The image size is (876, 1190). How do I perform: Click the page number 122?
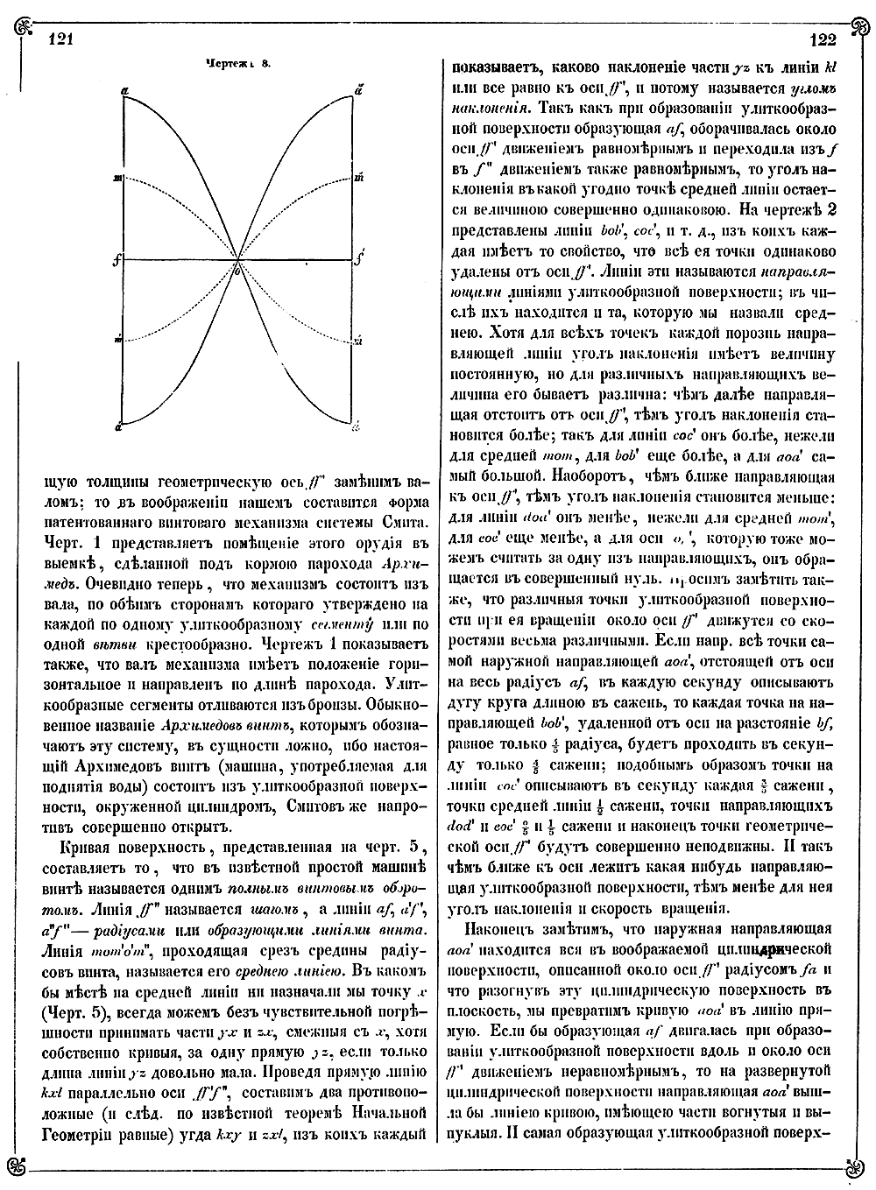823,39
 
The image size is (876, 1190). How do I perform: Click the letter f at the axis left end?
116,260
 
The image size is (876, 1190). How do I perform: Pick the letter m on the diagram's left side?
117,179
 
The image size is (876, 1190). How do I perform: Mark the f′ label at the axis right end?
358,260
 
